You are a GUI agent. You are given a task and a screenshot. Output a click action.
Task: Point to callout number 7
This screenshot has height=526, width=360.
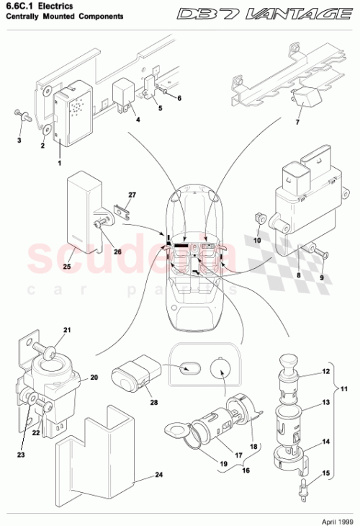[x=295, y=122]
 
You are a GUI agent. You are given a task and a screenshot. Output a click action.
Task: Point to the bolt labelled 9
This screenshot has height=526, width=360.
[x=322, y=253]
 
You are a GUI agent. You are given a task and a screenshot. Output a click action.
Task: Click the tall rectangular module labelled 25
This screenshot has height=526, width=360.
[x=84, y=209]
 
